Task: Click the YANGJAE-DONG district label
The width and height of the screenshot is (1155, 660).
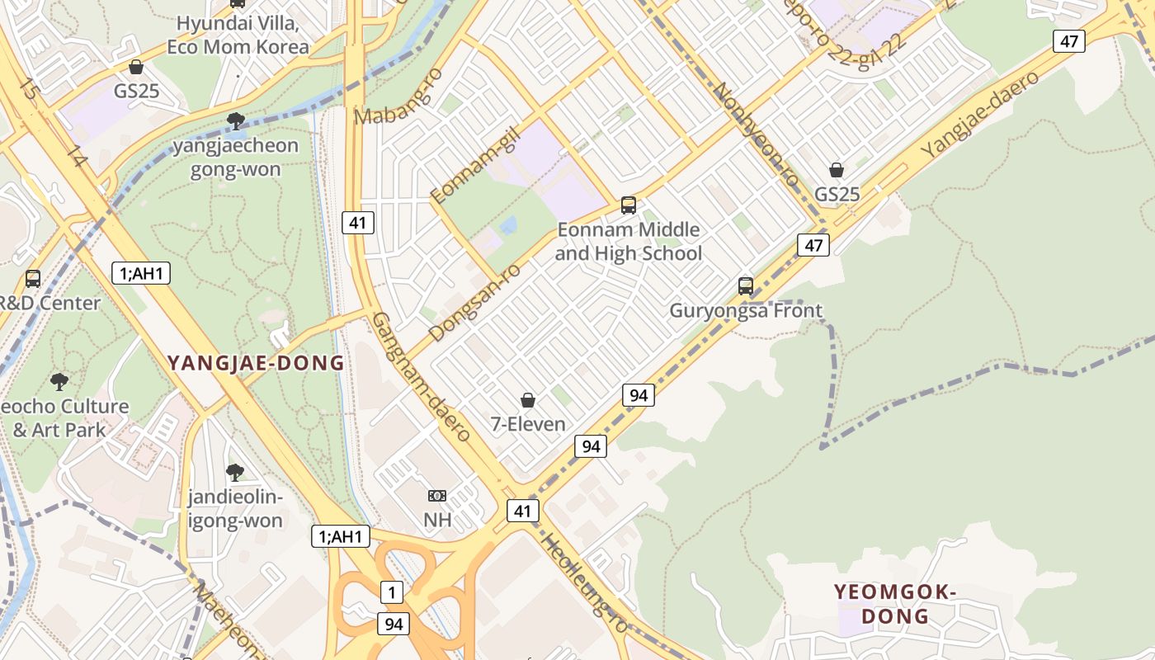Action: [x=256, y=363]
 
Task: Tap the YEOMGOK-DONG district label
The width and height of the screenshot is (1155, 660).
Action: [x=895, y=604]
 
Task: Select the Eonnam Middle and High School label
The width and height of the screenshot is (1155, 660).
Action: [x=629, y=241]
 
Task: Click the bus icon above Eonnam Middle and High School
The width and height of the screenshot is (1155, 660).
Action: [x=629, y=205]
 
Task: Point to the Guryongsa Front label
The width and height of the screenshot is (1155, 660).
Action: [x=746, y=311]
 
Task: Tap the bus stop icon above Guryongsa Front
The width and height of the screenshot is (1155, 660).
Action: [x=746, y=286]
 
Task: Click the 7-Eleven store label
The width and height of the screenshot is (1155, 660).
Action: [x=528, y=424]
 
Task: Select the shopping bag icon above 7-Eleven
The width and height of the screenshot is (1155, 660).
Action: [x=528, y=401]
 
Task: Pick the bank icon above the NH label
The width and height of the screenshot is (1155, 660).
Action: [x=437, y=496]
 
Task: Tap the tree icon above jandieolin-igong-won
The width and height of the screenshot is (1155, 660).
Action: [x=235, y=473]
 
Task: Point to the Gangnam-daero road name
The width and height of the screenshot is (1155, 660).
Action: [x=421, y=376]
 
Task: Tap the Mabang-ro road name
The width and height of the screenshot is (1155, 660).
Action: [x=398, y=97]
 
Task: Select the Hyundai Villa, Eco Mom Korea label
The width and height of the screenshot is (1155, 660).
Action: [x=238, y=35]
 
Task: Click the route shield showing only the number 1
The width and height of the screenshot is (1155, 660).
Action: [x=392, y=592]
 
